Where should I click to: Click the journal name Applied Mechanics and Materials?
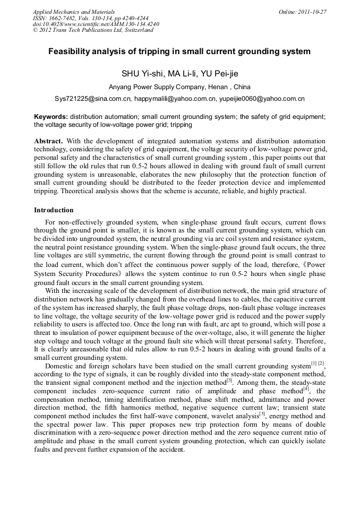coord(74,11)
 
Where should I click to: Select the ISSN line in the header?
coord(91,18)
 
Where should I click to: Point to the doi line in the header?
coord(96,24)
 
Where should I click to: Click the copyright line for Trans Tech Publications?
coord(93,30)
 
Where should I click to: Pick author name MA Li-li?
coord(180,73)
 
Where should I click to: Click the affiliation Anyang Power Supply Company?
coord(163,87)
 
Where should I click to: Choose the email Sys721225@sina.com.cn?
coord(93,99)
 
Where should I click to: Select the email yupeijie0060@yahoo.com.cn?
coord(262,99)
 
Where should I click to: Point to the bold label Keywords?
coord(51,116)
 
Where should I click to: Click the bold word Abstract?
coord(49,141)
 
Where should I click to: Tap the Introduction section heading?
coord(54,210)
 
